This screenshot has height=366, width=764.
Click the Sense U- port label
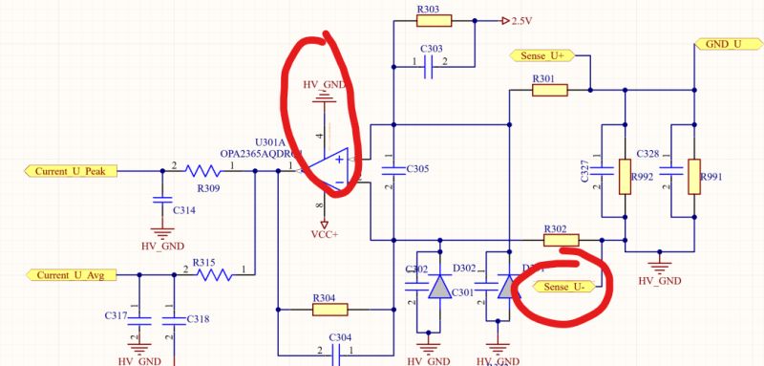(557, 286)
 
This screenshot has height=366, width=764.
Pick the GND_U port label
(724, 44)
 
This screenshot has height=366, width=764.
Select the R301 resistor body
(549, 91)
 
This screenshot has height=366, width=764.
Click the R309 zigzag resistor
(203, 171)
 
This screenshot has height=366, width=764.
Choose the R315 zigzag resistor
(215, 275)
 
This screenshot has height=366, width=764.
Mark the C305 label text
(417, 169)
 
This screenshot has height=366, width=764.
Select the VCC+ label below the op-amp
(326, 234)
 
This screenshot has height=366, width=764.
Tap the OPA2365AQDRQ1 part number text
(260, 153)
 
